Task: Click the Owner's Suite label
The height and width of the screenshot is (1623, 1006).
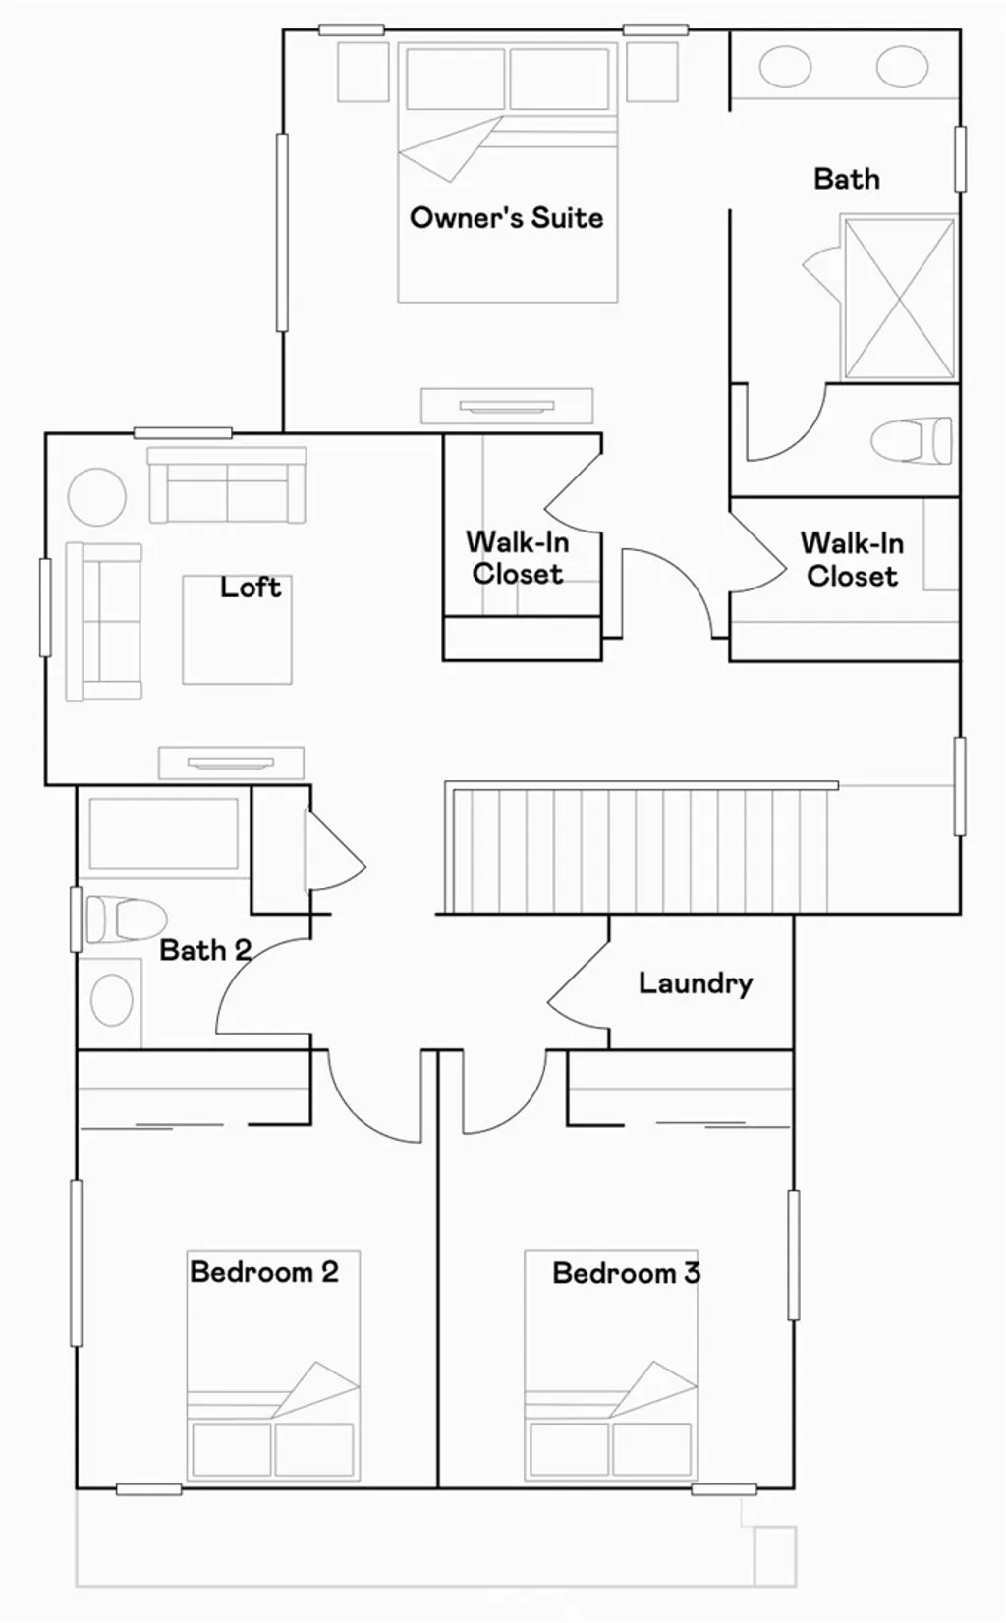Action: click(x=506, y=217)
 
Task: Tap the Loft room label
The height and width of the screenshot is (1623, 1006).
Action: click(x=251, y=588)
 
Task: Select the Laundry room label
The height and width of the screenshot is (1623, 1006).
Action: click(x=696, y=982)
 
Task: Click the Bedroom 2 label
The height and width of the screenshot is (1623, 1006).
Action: click(x=264, y=1272)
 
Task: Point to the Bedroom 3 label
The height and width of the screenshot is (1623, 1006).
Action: click(x=626, y=1273)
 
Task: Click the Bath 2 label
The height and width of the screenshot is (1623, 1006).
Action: click(x=205, y=950)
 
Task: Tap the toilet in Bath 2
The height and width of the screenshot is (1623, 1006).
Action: click(x=124, y=920)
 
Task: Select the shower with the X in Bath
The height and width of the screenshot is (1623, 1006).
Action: click(x=899, y=299)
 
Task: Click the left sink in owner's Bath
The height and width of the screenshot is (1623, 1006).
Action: click(x=785, y=68)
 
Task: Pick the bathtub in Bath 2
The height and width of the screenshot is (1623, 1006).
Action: click(x=163, y=834)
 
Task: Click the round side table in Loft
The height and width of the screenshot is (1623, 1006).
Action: click(x=97, y=497)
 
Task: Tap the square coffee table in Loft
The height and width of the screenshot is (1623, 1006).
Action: click(x=237, y=630)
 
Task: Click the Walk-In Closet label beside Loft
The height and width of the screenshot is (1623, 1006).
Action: click(x=518, y=557)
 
